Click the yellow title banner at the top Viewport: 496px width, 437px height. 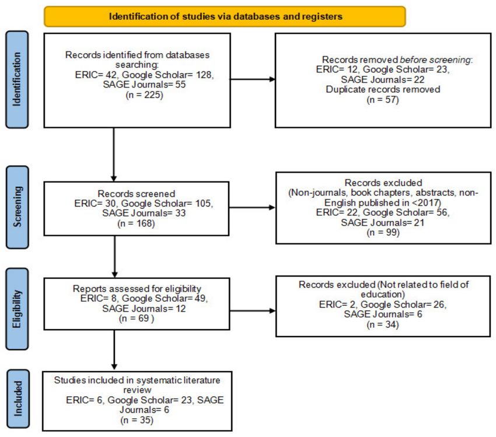[225, 16]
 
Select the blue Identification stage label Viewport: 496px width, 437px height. [17, 79]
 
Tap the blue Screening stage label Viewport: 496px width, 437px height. [18, 207]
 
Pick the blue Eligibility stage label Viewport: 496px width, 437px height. [17, 309]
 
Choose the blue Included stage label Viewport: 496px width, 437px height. [18, 398]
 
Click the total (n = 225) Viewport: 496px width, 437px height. [145, 95]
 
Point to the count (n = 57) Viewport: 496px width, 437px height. [383, 100]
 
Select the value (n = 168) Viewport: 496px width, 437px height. [136, 223]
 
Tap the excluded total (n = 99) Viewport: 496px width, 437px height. [383, 232]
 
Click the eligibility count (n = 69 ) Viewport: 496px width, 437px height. [137, 319]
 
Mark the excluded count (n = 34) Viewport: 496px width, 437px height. [383, 324]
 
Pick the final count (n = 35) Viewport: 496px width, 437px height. [137, 420]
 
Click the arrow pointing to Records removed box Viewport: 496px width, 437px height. [253, 79]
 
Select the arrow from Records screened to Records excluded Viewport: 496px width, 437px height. [252, 208]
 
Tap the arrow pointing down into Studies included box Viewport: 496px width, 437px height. [114, 349]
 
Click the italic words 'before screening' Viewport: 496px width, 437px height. [435, 60]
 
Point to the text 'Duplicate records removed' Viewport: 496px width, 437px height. [383, 89]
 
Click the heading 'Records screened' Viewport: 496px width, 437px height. [137, 194]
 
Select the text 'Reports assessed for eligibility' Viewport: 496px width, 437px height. [137, 289]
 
